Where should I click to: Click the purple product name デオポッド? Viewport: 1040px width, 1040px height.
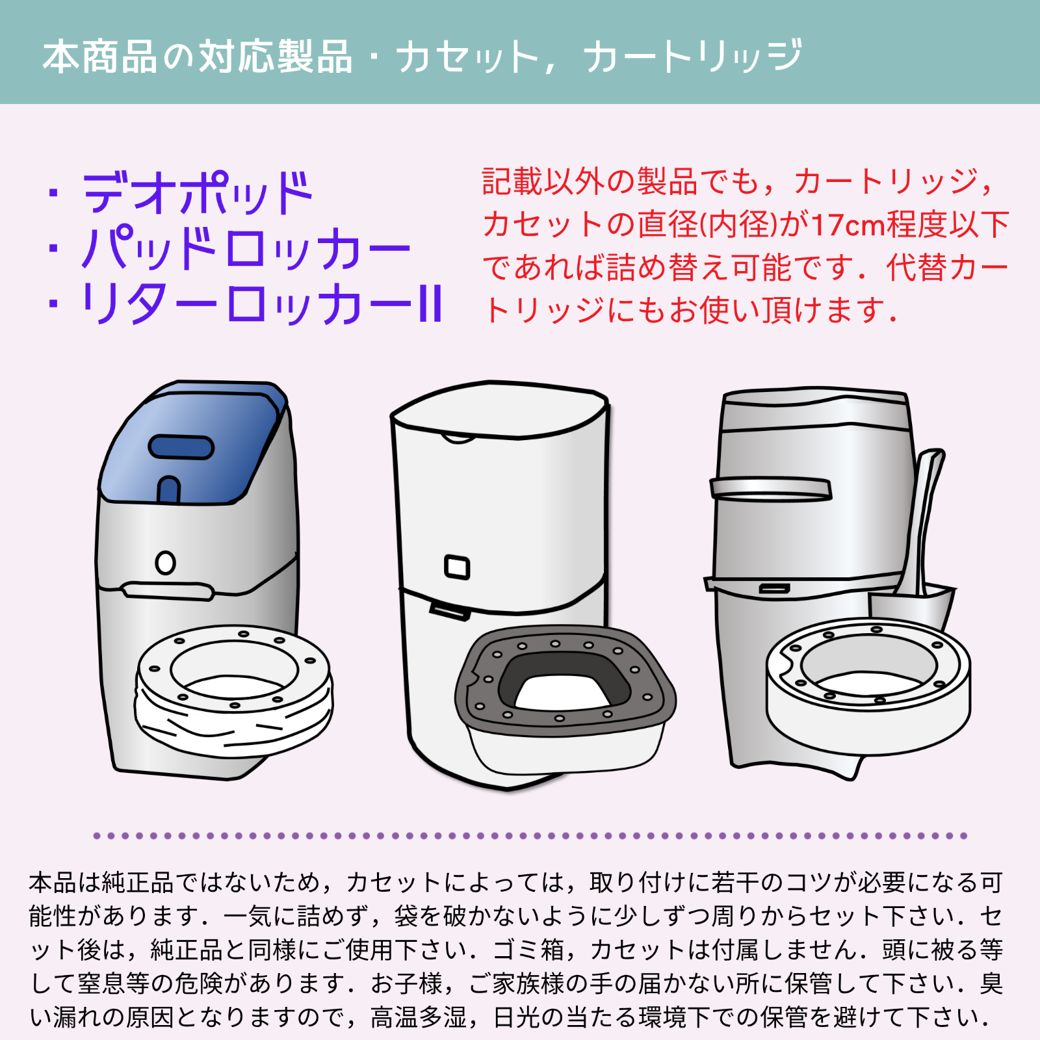point(198,193)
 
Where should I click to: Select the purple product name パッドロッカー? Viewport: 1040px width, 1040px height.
point(246,248)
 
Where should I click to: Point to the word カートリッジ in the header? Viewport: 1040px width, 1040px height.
point(693,56)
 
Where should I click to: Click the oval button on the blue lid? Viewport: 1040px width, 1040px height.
point(181,447)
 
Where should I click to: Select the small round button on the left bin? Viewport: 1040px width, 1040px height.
point(166,562)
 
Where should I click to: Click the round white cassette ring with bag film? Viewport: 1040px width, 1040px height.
point(234,690)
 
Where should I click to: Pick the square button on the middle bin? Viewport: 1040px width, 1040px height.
point(457,567)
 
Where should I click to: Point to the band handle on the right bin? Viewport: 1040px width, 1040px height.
point(771,489)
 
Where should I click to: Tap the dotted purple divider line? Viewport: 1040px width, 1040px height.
point(530,836)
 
